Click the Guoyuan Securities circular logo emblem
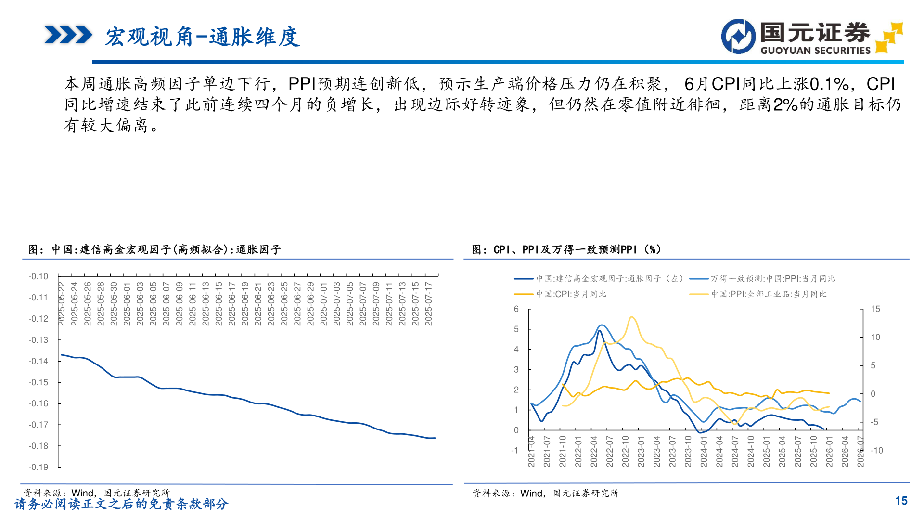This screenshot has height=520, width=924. [x=738, y=36]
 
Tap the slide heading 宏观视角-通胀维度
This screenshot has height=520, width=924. [x=202, y=37]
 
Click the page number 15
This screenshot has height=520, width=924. [x=901, y=501]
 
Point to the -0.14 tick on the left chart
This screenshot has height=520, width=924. [x=38, y=361]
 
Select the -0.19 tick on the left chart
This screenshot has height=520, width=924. [x=38, y=467]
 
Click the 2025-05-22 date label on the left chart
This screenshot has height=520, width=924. [x=62, y=304]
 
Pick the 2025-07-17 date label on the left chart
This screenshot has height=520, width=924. [x=429, y=304]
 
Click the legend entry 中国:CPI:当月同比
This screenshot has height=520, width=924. [x=571, y=294]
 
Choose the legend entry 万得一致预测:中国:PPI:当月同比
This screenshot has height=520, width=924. [x=772, y=279]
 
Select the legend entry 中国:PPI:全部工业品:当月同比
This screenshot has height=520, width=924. [x=769, y=294]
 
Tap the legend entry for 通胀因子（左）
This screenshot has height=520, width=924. [x=609, y=279]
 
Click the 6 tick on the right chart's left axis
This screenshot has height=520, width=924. [x=516, y=309]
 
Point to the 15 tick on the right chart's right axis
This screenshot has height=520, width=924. [x=875, y=309]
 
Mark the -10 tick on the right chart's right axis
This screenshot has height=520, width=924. [x=877, y=451]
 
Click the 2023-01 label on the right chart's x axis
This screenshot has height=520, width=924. [x=641, y=451]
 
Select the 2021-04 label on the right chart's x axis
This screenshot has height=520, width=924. [x=531, y=451]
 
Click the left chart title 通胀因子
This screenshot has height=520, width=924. [x=154, y=249]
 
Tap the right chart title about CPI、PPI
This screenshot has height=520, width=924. [x=566, y=249]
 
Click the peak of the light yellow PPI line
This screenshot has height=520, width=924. [x=631, y=317]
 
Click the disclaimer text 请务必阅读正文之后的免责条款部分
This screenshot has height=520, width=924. [x=121, y=504]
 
